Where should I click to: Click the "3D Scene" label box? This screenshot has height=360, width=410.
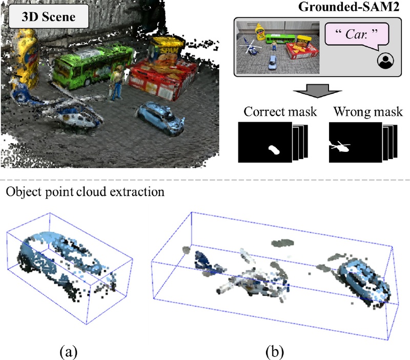pos(49,16)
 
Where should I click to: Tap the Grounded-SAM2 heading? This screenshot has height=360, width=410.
pos(349,7)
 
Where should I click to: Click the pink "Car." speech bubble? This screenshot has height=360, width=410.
pos(357,35)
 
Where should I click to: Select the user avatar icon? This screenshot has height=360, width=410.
pos(385,61)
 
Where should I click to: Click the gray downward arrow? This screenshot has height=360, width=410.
pos(317,91)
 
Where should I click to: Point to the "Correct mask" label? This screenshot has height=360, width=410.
pos(280,112)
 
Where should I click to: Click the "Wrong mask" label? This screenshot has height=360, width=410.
pos(368,112)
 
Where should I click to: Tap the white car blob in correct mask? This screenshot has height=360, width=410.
pos(274,150)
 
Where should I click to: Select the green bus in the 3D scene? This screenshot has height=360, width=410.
pos(93,66)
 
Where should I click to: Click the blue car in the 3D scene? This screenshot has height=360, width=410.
pos(160,118)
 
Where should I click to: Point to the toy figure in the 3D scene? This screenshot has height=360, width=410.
pos(117,83)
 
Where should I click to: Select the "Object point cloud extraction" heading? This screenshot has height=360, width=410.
pos(85,192)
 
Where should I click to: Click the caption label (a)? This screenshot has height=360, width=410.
pos(69,352)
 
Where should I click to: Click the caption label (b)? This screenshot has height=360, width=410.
pos(275,352)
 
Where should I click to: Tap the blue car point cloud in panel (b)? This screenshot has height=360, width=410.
pos(363,280)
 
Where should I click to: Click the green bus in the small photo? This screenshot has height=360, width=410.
pos(280,39)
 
